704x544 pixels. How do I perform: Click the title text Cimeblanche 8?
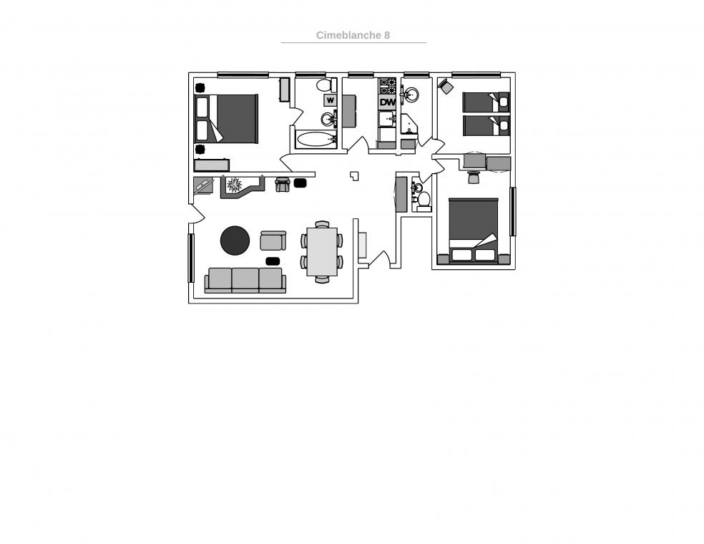point(353,35)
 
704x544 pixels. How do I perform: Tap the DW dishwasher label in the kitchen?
point(388,102)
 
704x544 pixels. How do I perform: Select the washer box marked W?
point(331,100)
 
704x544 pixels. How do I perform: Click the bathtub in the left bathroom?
point(316,140)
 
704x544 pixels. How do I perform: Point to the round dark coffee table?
point(235,241)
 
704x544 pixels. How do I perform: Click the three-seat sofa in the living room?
point(245,281)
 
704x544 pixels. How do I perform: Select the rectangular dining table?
point(322,251)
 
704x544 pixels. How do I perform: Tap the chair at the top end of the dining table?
point(323,224)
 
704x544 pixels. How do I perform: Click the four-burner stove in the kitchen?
point(388,86)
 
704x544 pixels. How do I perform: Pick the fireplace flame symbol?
point(233,184)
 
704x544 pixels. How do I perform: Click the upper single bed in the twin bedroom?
point(486,102)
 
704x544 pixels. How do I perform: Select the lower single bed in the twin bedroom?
point(486,125)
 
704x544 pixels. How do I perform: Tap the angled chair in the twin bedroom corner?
point(446,86)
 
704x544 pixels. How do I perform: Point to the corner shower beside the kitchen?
point(409,125)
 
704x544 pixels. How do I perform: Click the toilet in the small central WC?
point(424,200)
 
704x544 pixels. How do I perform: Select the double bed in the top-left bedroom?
point(226,119)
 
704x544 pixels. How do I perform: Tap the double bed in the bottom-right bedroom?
point(474,230)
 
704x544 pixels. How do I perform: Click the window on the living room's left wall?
point(191,258)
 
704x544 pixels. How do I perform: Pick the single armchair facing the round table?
point(273,241)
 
